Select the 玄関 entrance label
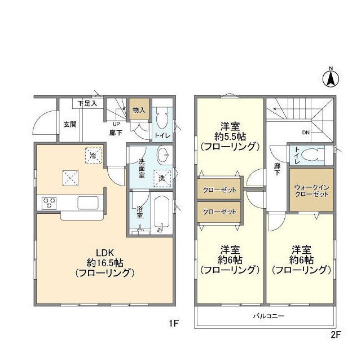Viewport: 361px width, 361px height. tap(70, 124)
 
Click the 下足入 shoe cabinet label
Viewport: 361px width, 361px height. tap(87, 103)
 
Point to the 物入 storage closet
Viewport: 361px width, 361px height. tap(138, 111)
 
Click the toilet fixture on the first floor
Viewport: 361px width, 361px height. tap(162, 119)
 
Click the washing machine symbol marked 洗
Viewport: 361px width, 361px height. tap(162, 177)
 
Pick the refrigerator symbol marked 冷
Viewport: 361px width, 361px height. tap(91, 155)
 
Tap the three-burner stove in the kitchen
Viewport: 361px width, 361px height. tap(47, 202)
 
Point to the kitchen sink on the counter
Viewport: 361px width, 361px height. tap(88, 202)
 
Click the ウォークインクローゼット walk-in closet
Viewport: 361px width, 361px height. tap(311, 190)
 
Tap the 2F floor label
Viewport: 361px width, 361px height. tap(336, 334)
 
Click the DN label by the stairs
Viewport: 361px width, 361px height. tap(306, 133)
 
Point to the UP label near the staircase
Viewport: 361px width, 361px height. tap(117, 125)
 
